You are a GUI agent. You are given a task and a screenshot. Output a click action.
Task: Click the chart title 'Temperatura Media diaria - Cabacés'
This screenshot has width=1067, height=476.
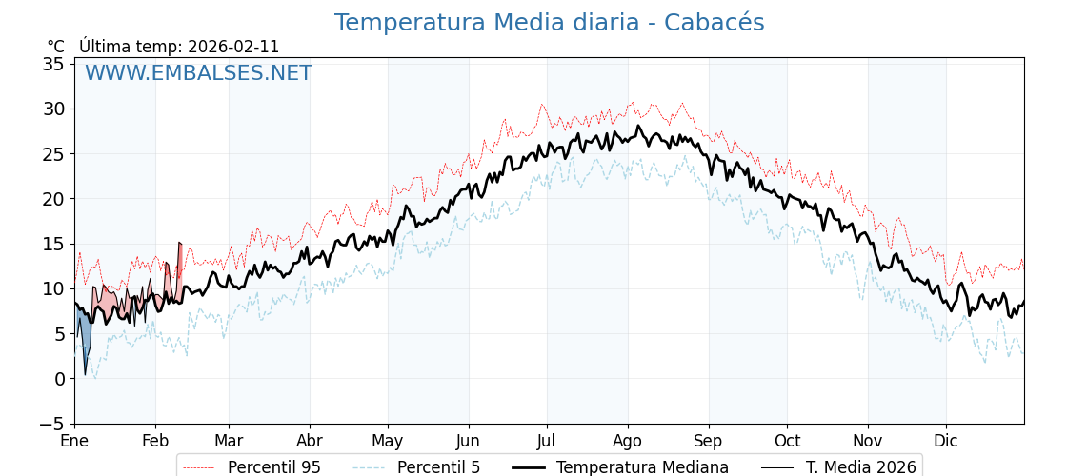[x=549, y=23]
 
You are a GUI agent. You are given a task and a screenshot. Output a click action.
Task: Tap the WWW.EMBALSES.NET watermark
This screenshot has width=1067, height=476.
[x=198, y=73]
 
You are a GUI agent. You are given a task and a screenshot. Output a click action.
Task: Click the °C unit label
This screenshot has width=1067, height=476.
[x=56, y=47]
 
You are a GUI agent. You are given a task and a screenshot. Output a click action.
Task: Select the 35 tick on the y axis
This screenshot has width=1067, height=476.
[x=53, y=64]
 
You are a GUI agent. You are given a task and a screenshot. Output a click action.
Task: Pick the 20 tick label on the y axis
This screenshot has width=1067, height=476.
[x=53, y=199]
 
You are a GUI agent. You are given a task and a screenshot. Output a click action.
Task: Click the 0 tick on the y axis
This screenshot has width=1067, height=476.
[x=59, y=379]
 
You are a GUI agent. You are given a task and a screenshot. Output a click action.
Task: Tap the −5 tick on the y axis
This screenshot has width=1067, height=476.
[x=53, y=424]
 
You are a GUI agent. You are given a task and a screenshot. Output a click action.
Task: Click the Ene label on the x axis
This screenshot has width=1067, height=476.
[x=74, y=442]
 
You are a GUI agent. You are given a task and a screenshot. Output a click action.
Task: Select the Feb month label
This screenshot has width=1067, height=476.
[x=155, y=442]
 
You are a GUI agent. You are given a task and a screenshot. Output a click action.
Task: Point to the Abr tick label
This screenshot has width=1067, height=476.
[x=310, y=442]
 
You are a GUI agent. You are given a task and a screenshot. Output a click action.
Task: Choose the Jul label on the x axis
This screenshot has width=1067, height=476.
[x=547, y=442]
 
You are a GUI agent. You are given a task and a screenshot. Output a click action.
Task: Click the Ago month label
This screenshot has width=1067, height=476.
[x=628, y=442]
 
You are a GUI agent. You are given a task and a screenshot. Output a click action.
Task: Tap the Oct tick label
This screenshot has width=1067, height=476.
[x=787, y=442]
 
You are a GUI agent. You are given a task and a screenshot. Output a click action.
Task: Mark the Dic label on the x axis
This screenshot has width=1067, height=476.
[x=946, y=442]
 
